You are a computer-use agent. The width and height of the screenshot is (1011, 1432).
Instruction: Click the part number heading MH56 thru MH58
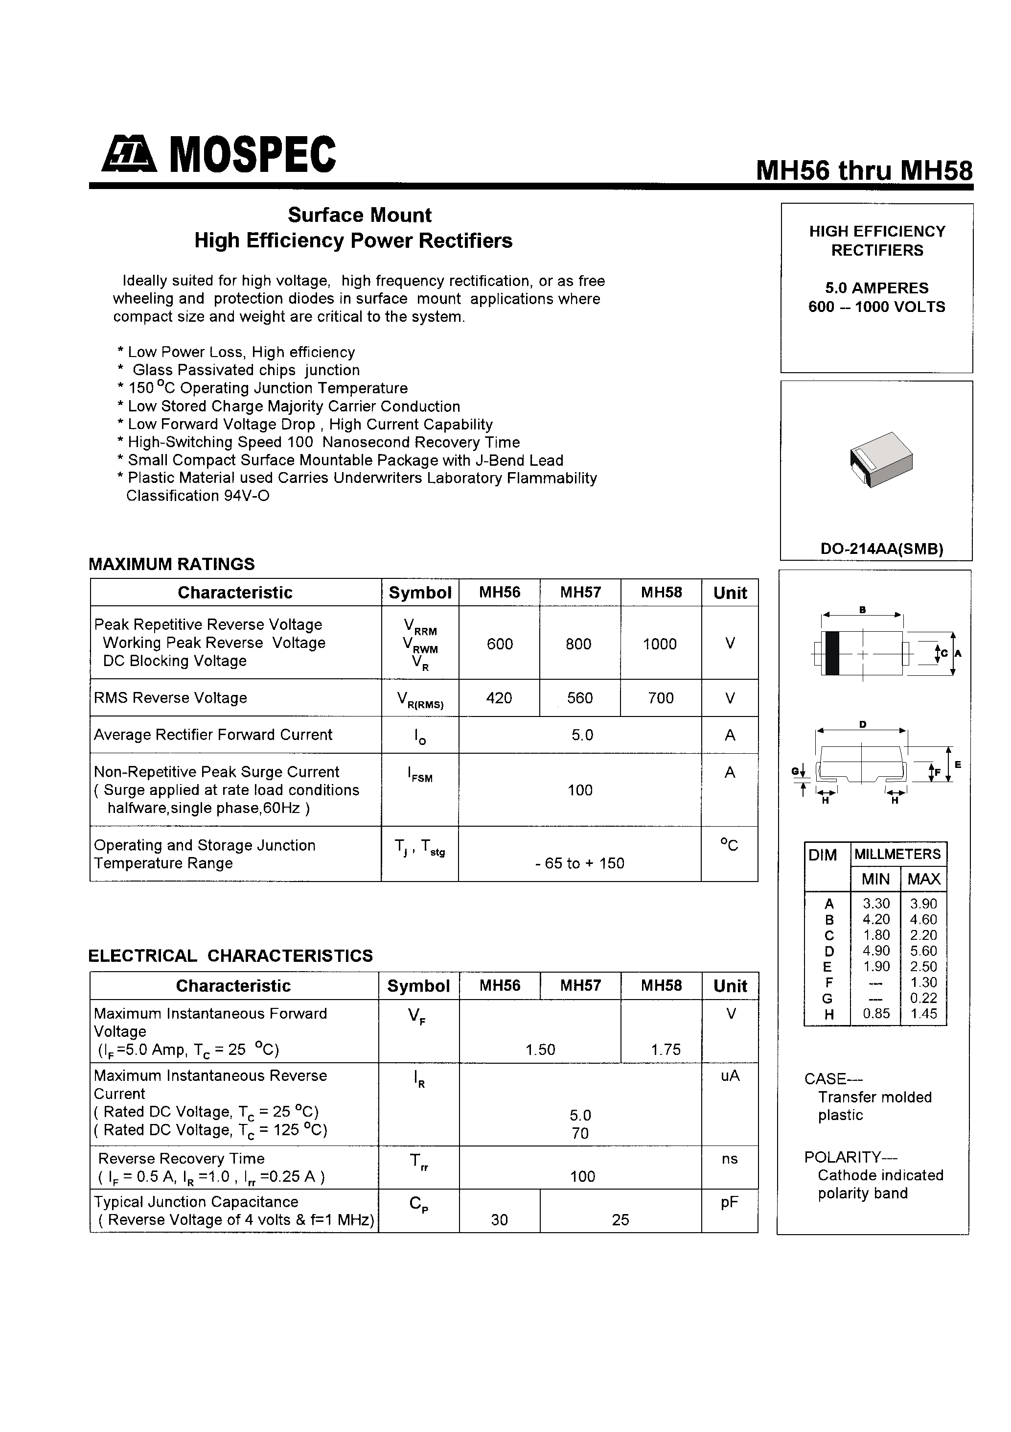pos(864,170)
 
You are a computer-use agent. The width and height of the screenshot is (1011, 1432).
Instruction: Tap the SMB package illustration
pos(881,460)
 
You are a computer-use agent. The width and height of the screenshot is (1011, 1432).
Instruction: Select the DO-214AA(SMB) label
pos(881,549)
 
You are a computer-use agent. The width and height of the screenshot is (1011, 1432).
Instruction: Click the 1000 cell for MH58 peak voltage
pos(660,644)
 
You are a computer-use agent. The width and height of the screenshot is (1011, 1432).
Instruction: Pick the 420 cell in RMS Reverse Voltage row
pos(499,698)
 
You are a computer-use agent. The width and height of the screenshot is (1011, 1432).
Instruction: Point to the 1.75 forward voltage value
pos(666,1050)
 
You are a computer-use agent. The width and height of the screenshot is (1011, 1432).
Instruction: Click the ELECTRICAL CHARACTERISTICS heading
pos(230,955)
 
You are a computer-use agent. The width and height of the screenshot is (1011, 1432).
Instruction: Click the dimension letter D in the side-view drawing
pos(863,724)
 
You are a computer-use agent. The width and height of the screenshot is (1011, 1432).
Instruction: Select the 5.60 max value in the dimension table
pos(923,951)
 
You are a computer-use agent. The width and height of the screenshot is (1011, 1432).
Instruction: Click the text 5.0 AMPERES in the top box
pos(876,288)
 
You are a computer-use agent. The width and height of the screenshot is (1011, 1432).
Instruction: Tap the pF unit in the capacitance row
pos(729,1202)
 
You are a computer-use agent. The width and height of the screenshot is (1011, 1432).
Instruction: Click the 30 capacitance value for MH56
pos(499,1220)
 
